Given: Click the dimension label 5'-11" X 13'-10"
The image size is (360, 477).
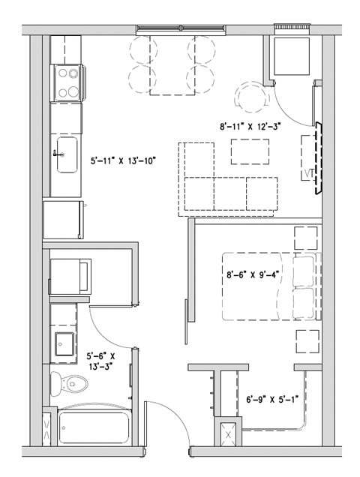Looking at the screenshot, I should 122,160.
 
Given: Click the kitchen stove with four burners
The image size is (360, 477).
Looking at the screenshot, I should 67,82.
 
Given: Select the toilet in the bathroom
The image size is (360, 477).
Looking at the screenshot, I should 72,383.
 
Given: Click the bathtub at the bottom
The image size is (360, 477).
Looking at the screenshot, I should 94,427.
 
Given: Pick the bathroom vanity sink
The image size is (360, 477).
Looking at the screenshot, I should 64,343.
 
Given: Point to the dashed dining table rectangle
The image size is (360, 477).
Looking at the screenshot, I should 172,64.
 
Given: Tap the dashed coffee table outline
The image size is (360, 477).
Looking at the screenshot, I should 250,152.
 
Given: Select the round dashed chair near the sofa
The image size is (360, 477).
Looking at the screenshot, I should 250,97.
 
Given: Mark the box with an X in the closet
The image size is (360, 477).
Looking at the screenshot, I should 229,433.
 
